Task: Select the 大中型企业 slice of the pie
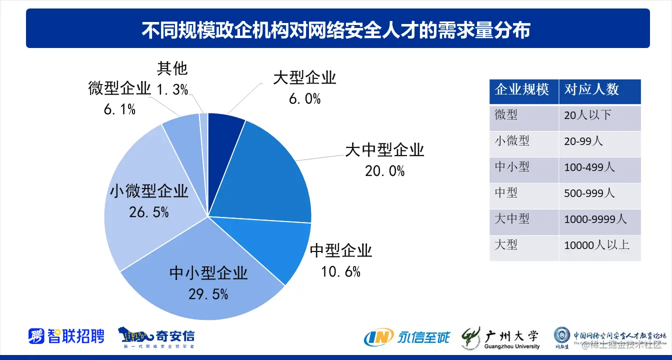270,175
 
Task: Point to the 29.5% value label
208,294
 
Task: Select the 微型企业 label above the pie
119,88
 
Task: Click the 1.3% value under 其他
172,89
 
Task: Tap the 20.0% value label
384,171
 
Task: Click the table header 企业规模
522,89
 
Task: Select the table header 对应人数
591,89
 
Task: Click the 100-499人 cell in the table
589,167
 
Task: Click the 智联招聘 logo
66,335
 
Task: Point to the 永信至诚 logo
407,337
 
